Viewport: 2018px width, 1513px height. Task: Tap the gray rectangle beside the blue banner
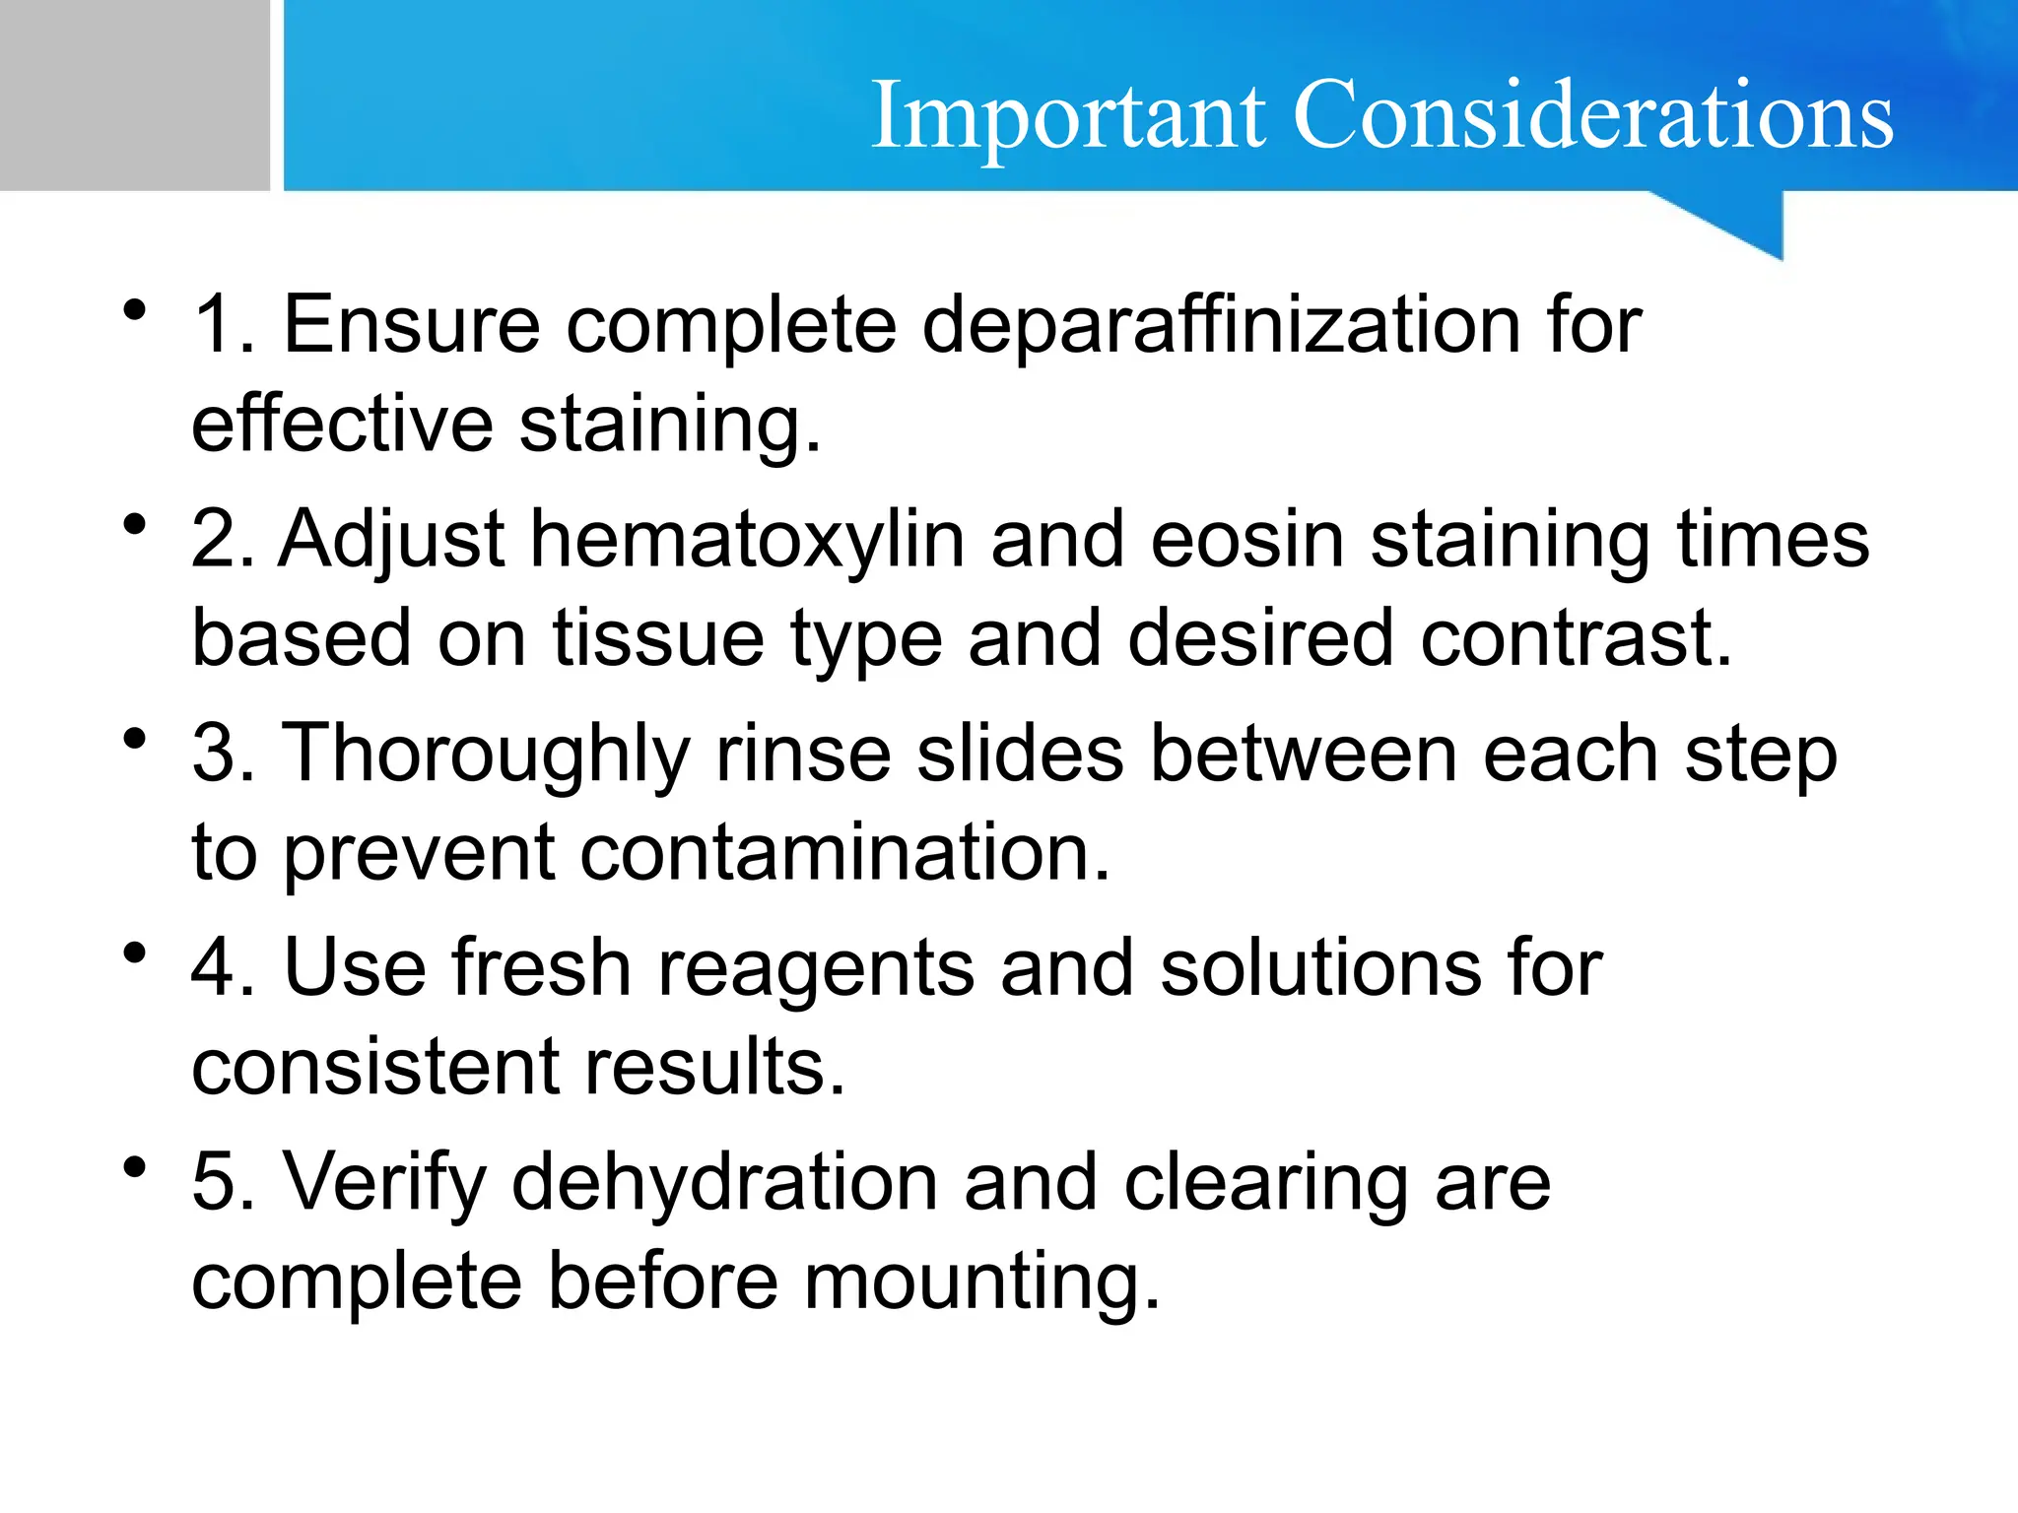pyautogui.click(x=134, y=95)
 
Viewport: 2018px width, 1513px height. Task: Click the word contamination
pyautogui.click(x=844, y=853)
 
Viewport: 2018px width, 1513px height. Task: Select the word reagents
pyautogui.click(x=815, y=969)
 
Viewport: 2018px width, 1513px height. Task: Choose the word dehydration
pyautogui.click(x=724, y=1183)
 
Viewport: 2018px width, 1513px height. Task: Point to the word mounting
pyautogui.click(x=982, y=1283)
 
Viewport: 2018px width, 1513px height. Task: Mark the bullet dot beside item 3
pyautogui.click(x=135, y=739)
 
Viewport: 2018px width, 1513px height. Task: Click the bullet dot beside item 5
pyautogui.click(x=135, y=1167)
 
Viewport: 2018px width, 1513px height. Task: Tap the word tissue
pyautogui.click(x=657, y=639)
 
